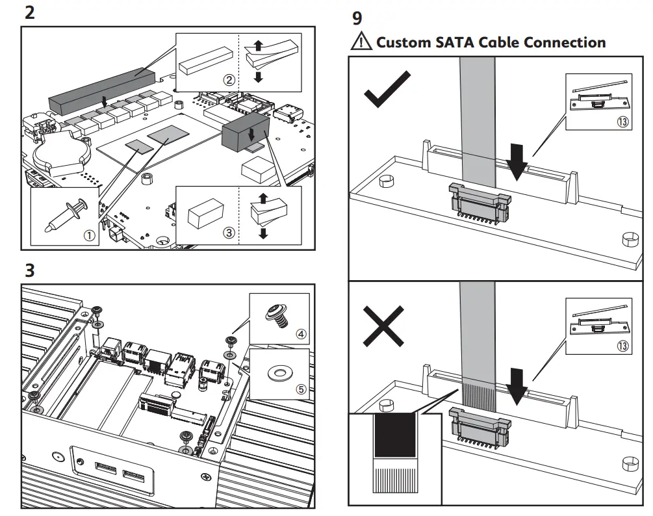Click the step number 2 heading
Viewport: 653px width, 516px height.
[29, 12]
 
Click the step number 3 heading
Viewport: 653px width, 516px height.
[29, 270]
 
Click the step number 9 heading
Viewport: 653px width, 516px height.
[357, 18]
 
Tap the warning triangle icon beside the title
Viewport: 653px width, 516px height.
[361, 42]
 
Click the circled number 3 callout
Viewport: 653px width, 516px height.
[229, 233]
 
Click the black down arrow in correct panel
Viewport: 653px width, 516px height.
[518, 162]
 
